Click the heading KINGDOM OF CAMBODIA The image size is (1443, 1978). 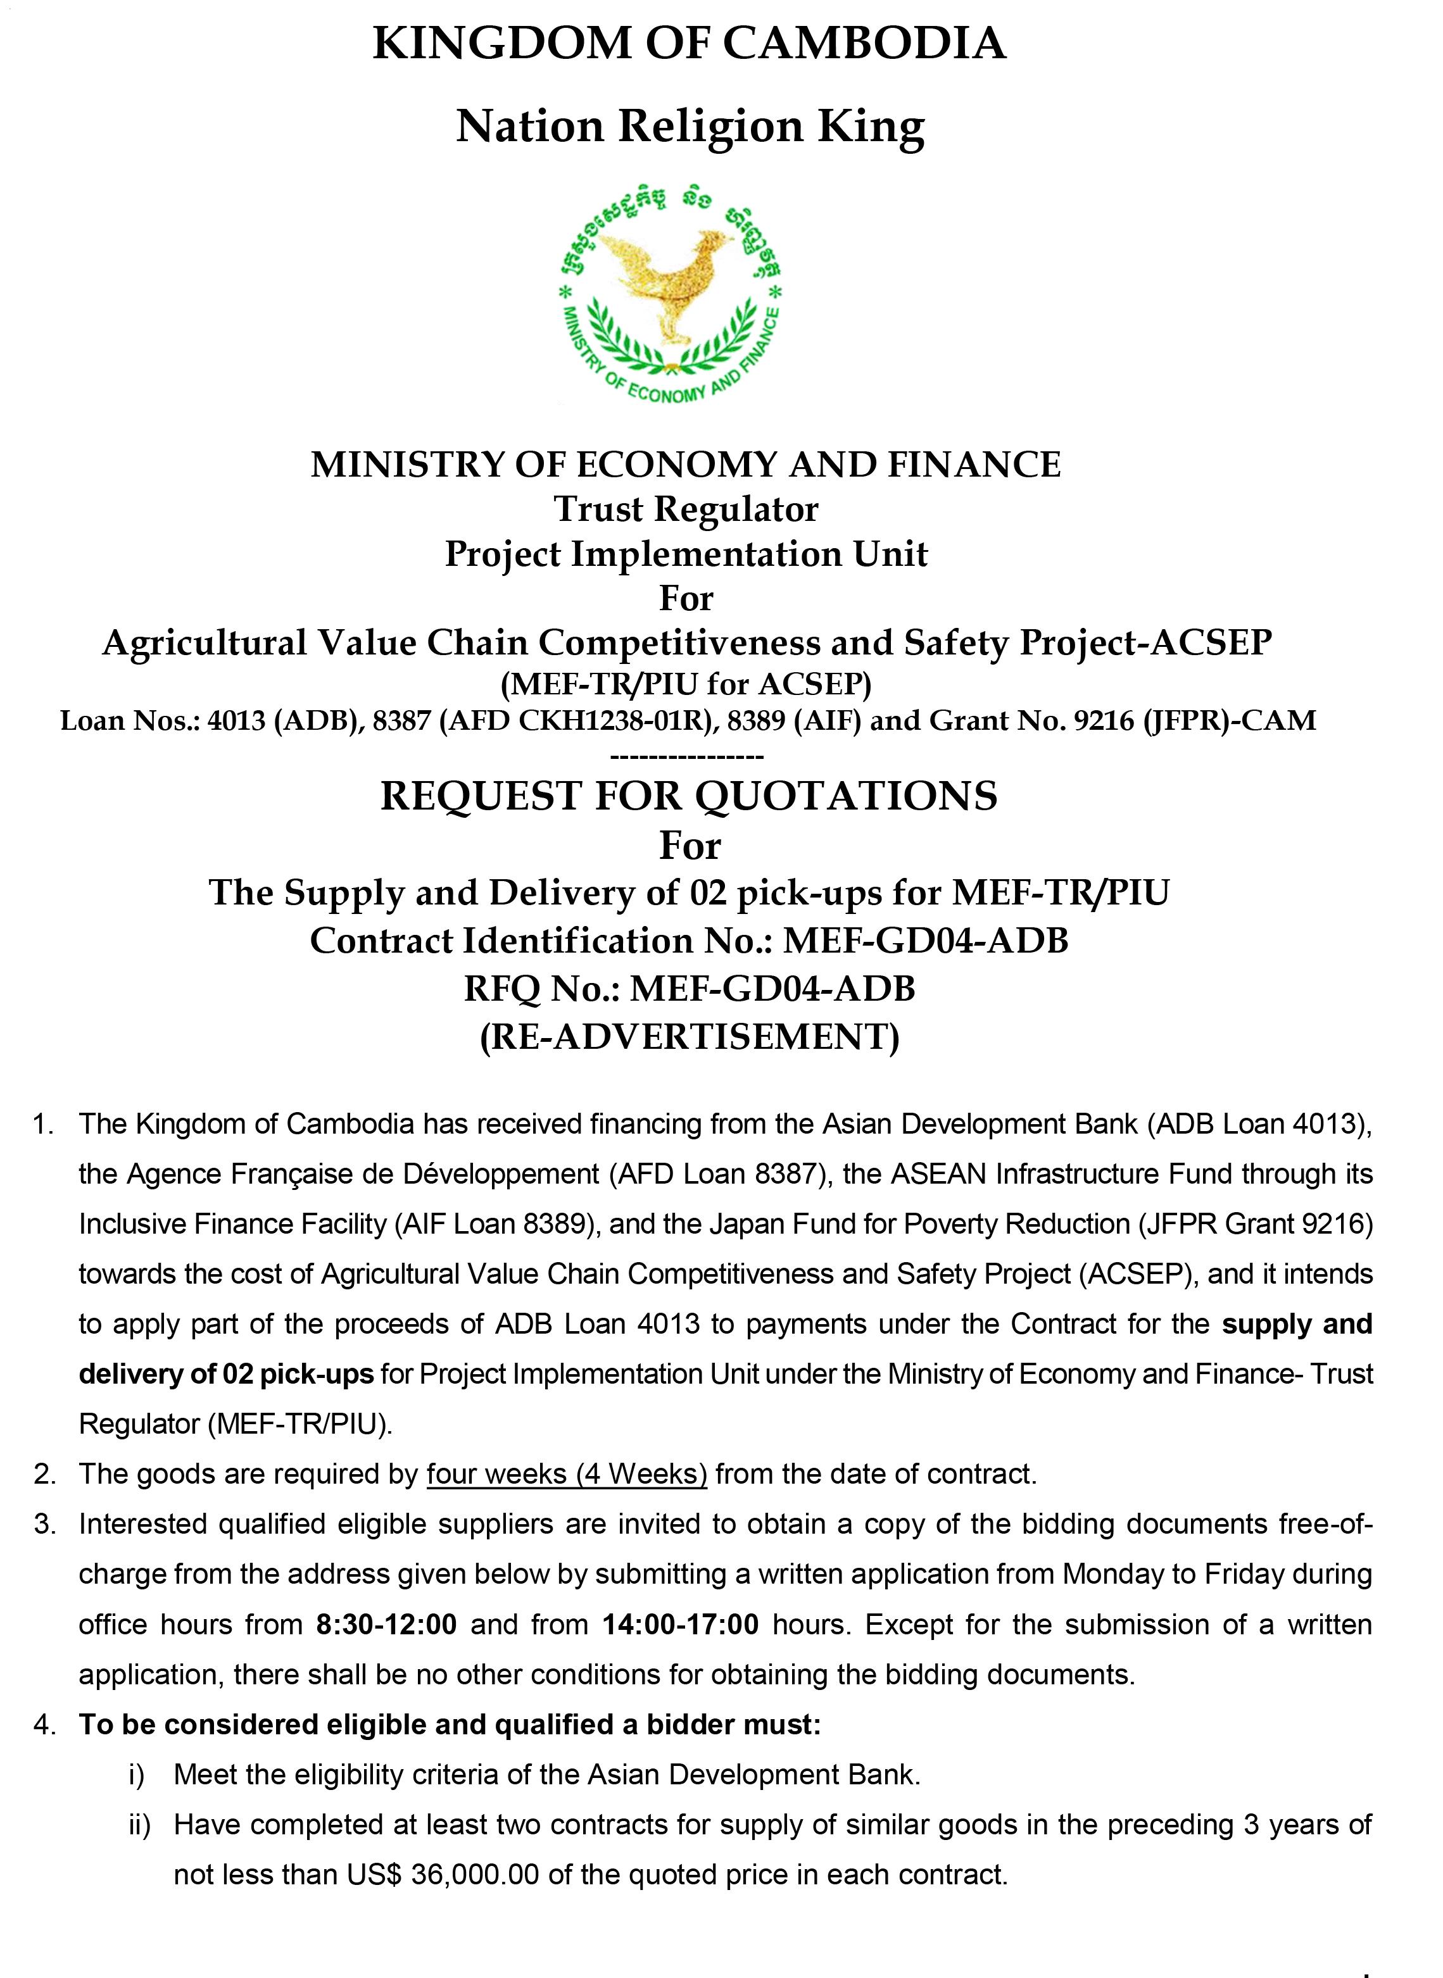pos(689,43)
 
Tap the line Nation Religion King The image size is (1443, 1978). pos(689,127)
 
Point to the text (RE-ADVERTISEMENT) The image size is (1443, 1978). pos(689,1037)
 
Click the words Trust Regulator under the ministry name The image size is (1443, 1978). pos(686,509)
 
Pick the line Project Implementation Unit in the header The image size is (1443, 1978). pos(686,554)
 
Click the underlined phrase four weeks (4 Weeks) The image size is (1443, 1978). pos(567,1474)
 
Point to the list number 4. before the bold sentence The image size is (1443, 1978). pos(44,1725)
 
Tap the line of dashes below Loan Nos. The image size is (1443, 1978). pos(688,754)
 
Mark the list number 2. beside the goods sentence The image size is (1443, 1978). pos(44,1474)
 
